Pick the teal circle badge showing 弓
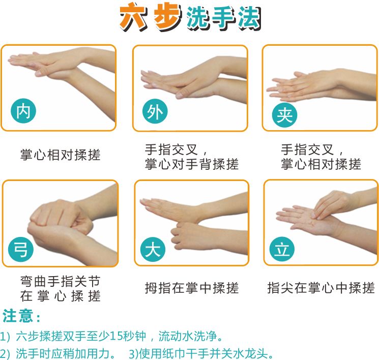tap(21, 250)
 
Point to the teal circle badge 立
tap(282, 250)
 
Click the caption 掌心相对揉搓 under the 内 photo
tap(61, 154)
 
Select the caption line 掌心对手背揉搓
tap(192, 164)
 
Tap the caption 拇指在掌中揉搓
tap(192, 288)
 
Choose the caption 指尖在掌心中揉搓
tap(321, 288)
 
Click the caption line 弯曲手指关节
tap(61, 281)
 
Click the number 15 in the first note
tap(116, 336)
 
